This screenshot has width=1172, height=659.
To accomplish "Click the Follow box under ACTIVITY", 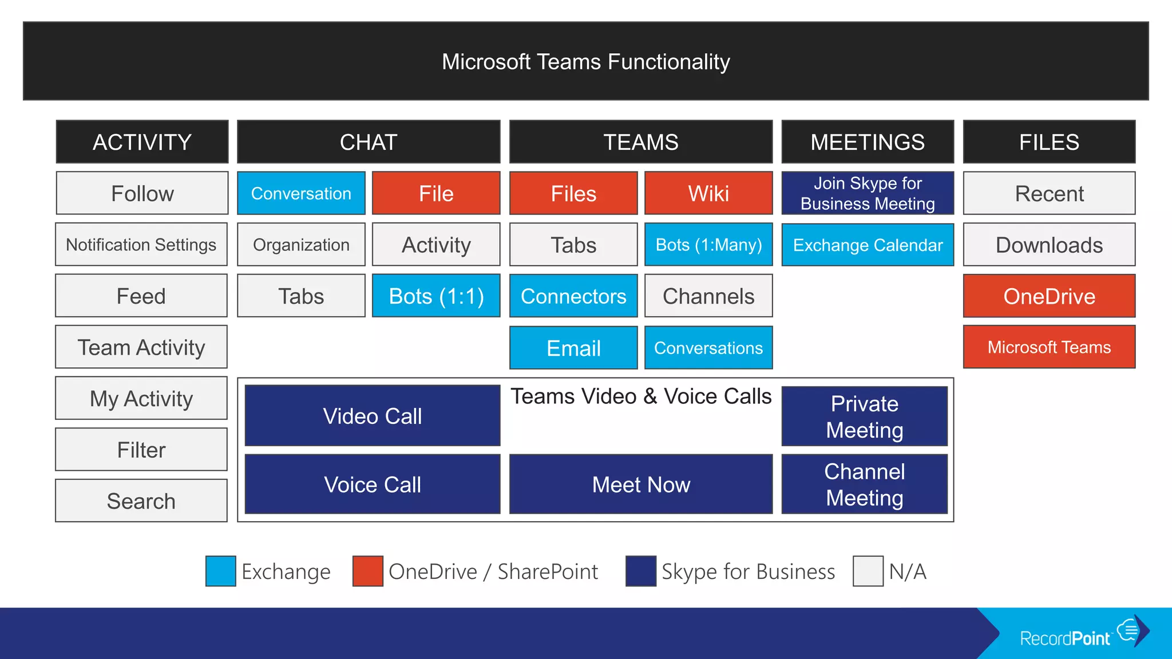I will tap(142, 193).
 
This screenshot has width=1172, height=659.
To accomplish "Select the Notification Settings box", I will tap(141, 244).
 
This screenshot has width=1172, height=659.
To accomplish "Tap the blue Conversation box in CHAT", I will tap(301, 193).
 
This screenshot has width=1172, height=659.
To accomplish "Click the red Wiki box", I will tap(708, 193).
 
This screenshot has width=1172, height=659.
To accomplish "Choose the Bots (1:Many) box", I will tap(708, 245).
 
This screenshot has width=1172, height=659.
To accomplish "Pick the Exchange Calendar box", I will tap(868, 245).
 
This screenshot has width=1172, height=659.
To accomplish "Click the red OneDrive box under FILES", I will tap(1049, 296).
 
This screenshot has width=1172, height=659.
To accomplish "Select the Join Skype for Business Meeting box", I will tap(868, 193).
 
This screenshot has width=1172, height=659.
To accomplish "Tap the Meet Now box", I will tap(641, 485).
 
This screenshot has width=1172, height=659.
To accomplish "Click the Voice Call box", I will tap(373, 485).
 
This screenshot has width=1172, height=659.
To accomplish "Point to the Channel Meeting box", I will tap(864, 485).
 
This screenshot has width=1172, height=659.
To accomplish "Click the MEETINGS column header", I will tap(868, 142).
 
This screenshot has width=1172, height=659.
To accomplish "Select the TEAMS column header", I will tap(641, 142).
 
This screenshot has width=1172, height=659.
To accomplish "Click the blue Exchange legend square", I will tap(221, 571).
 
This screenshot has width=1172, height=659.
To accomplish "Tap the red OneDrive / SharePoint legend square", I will tap(368, 571).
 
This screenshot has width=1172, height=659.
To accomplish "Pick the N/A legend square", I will tap(868, 571).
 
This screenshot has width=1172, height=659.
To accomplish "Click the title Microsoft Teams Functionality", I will tap(585, 62).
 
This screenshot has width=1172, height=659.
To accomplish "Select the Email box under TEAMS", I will tap(573, 348).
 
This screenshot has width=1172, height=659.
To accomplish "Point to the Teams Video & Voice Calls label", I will tap(641, 396).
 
